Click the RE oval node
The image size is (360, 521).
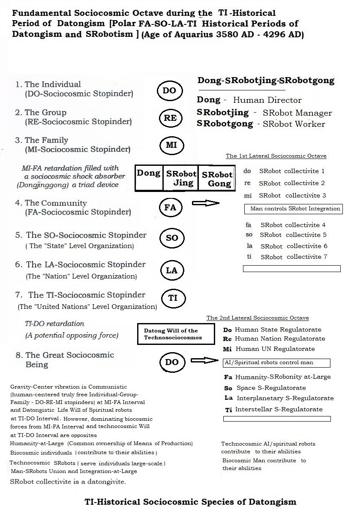point(170,118)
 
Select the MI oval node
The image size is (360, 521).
point(171,145)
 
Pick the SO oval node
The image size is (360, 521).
point(171,238)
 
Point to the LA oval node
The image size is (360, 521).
point(171,270)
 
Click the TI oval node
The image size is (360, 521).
point(172,298)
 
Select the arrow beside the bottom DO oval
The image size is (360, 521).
point(204,360)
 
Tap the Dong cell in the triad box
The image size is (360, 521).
point(149,178)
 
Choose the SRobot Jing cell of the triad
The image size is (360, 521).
point(181,178)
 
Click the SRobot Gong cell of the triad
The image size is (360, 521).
point(217,179)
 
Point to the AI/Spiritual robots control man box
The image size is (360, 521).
point(277,363)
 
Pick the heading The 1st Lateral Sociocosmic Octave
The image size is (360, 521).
point(276,156)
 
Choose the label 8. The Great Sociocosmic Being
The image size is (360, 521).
point(63,360)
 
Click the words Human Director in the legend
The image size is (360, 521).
point(267,100)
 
